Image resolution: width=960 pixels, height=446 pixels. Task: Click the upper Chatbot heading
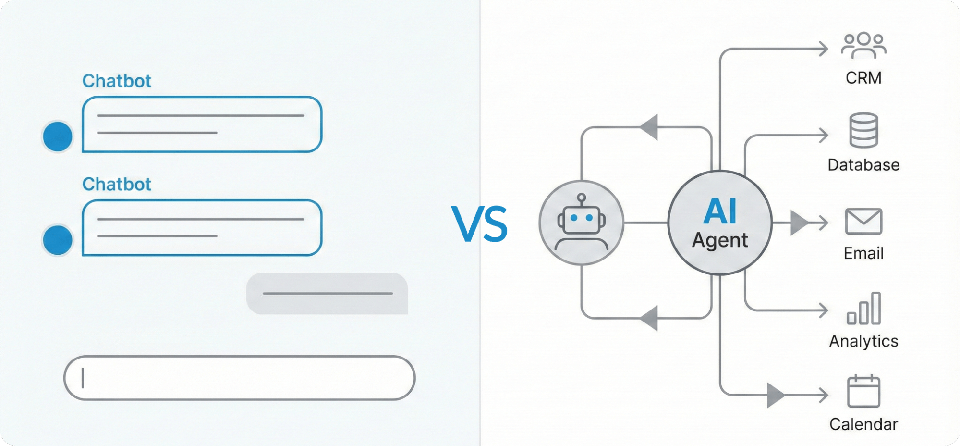(117, 81)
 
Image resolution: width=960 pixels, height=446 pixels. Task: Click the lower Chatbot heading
(117, 184)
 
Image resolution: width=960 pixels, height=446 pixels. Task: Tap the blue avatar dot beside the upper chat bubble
(58, 136)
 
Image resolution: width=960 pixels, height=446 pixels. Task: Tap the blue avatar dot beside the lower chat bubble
(58, 240)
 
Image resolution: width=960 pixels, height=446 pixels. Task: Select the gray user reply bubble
(327, 293)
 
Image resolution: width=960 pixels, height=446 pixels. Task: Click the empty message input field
(239, 378)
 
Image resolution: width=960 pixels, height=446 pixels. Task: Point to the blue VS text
(479, 223)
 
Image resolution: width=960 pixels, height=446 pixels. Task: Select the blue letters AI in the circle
(719, 211)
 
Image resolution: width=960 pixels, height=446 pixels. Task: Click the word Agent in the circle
(719, 240)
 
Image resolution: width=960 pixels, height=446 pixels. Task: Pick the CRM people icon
(863, 46)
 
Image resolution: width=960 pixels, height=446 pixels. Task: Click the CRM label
(863, 78)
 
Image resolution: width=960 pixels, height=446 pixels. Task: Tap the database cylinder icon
(863, 130)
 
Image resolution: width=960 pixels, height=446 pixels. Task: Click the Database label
(863, 165)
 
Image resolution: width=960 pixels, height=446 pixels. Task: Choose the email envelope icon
(863, 221)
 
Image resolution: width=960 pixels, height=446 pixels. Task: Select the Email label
(863, 253)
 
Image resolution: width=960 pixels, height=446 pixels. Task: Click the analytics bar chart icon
(863, 309)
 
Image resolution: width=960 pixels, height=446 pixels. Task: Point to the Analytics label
(863, 341)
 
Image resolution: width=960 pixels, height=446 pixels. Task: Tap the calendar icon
(863, 391)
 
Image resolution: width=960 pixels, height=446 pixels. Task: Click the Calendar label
(863, 424)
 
